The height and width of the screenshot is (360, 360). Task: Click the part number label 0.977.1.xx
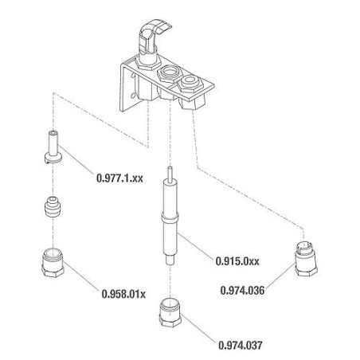(119, 179)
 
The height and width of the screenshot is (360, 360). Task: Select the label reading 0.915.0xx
(238, 260)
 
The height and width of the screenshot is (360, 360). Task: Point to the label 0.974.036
(242, 292)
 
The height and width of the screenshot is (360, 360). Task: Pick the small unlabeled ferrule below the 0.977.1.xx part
(53, 208)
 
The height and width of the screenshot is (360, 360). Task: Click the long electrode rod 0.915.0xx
(170, 219)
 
